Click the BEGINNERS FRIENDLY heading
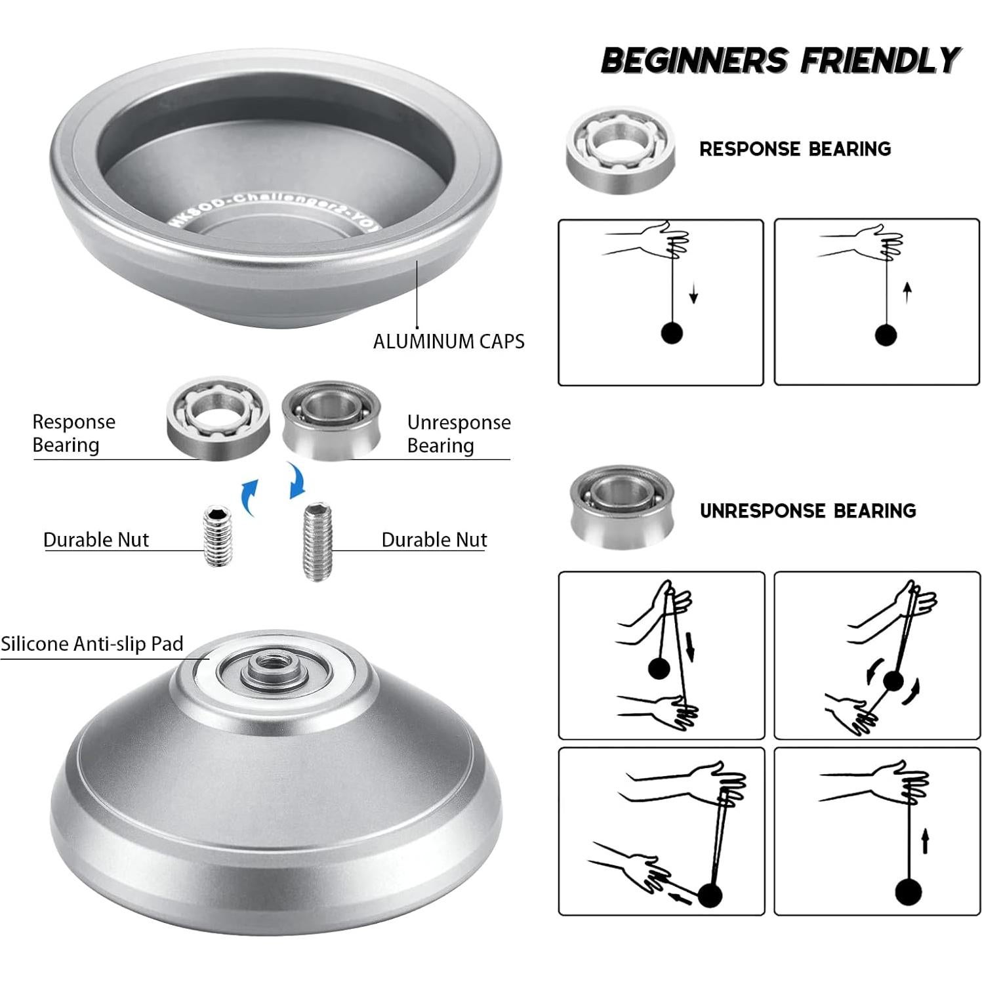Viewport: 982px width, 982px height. point(781,60)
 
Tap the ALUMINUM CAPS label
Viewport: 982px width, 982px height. point(449,341)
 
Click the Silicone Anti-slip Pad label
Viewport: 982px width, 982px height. point(92,644)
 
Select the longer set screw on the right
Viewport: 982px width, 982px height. point(318,542)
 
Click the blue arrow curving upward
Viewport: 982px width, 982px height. point(249,497)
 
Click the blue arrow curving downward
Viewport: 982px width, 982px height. point(297,481)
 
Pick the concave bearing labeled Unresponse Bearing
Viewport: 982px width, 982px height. point(332,419)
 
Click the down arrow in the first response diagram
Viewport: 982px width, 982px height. point(693,297)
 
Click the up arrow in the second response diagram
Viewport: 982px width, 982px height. point(907,293)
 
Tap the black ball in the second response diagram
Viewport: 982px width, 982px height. point(886,335)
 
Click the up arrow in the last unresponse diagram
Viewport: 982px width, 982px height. point(925,841)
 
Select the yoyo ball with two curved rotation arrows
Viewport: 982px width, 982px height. point(893,682)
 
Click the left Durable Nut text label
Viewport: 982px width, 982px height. point(96,540)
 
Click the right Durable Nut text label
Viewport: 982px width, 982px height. point(434,540)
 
